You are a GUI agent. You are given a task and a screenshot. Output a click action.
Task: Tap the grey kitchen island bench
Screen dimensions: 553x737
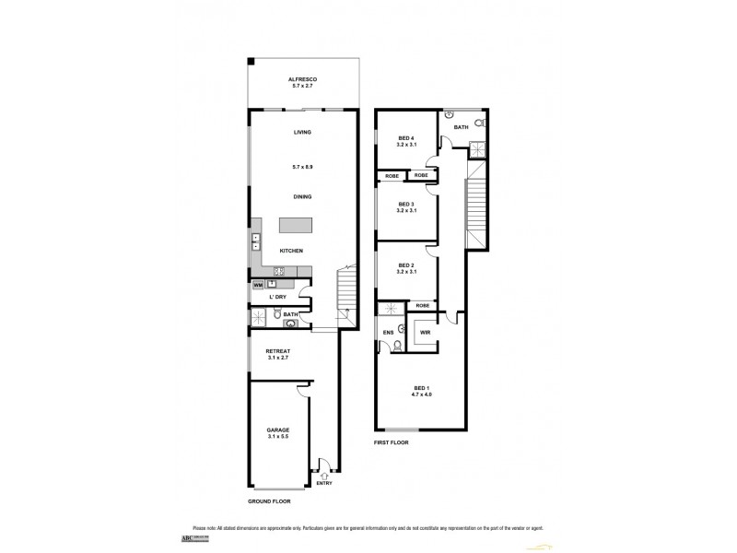[x=296, y=226]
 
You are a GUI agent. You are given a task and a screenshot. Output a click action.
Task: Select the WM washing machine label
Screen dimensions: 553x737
[x=257, y=285]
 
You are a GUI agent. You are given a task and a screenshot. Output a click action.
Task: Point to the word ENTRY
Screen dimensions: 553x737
[x=324, y=484]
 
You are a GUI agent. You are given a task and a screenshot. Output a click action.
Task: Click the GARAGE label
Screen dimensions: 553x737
[x=278, y=430]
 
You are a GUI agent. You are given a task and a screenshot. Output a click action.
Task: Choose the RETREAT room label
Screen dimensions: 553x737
[x=278, y=351]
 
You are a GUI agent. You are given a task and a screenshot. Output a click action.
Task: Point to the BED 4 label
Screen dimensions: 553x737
[x=405, y=138]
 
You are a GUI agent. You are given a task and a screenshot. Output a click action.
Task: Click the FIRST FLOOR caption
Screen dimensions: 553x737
[x=392, y=442]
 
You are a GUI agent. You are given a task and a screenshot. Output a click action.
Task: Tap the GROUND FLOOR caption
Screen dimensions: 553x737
[x=269, y=501]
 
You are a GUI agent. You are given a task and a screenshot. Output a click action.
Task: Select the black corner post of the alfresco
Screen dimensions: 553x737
[x=251, y=63]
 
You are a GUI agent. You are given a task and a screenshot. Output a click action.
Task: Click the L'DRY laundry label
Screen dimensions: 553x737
[x=275, y=299]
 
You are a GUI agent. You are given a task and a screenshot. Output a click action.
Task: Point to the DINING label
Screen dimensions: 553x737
[x=302, y=196]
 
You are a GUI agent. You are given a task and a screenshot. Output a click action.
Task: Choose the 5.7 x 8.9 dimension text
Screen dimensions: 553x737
[x=302, y=167]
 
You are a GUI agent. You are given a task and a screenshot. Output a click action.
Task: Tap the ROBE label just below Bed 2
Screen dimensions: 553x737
[x=423, y=305]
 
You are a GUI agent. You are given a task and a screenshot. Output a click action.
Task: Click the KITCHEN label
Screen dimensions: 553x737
[x=293, y=251]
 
